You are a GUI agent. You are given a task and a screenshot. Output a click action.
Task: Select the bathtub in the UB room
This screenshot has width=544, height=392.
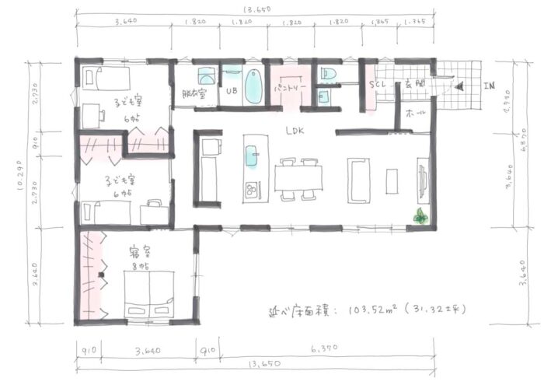(253, 87)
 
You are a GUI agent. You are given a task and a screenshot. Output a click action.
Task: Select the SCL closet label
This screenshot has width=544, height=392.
(378, 84)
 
